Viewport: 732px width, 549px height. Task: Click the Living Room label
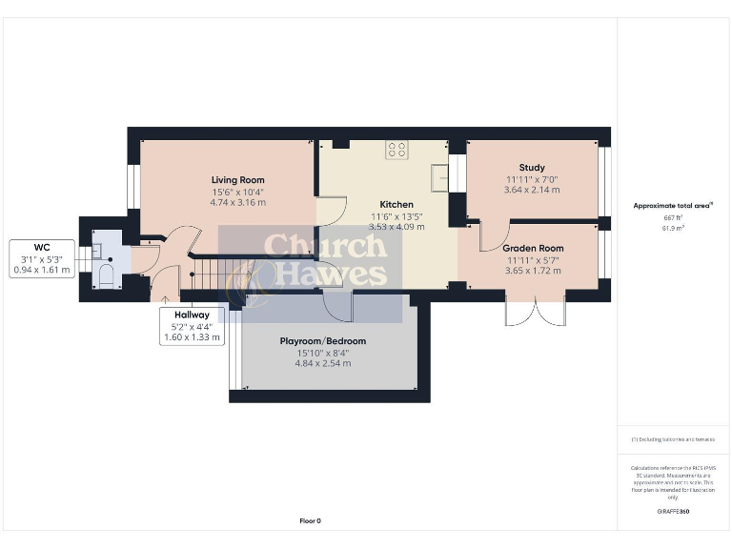(238, 179)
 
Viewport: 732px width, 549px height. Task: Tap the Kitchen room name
(396, 205)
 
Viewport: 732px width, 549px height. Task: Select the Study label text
(532, 168)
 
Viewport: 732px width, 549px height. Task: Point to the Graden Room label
(532, 248)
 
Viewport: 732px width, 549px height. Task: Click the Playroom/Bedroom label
(322, 341)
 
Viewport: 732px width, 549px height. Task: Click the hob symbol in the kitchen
(397, 151)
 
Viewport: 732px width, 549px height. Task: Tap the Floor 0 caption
(311, 520)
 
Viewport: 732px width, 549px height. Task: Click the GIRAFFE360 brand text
(673, 512)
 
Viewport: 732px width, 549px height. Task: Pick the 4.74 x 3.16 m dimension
(238, 202)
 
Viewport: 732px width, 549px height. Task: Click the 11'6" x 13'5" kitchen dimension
(396, 217)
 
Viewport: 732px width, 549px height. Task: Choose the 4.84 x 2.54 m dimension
(322, 363)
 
